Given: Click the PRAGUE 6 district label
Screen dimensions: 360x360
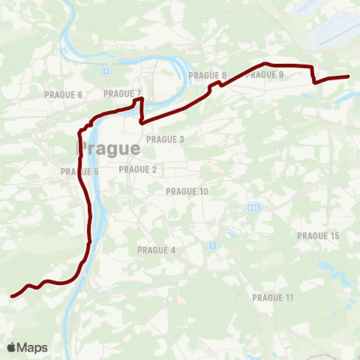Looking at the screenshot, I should pos(63,94).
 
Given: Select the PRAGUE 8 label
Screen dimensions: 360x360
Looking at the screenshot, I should pos(208,76).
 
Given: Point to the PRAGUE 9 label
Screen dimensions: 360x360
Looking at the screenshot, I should pos(265,75).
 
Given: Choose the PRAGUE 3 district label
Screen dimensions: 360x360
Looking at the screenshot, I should pos(165,139).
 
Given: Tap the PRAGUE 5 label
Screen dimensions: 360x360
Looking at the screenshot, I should pos(80,172).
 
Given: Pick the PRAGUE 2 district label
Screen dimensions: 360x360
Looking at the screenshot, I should pos(137,169).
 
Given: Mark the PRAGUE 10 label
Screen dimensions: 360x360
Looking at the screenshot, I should pos(187,192).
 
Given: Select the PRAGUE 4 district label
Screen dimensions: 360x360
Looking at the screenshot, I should pos(156,250).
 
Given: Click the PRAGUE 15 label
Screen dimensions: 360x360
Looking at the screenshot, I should pos(318,236).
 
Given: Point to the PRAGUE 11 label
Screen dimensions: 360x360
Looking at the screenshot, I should pos(273,298).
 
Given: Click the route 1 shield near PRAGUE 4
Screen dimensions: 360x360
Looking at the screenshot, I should pos(213,245).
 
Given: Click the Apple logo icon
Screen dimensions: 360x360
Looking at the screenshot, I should pos(12,347).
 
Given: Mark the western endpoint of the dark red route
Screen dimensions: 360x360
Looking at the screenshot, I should pos(12,296).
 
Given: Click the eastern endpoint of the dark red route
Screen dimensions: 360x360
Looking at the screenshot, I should pos(349,76).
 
